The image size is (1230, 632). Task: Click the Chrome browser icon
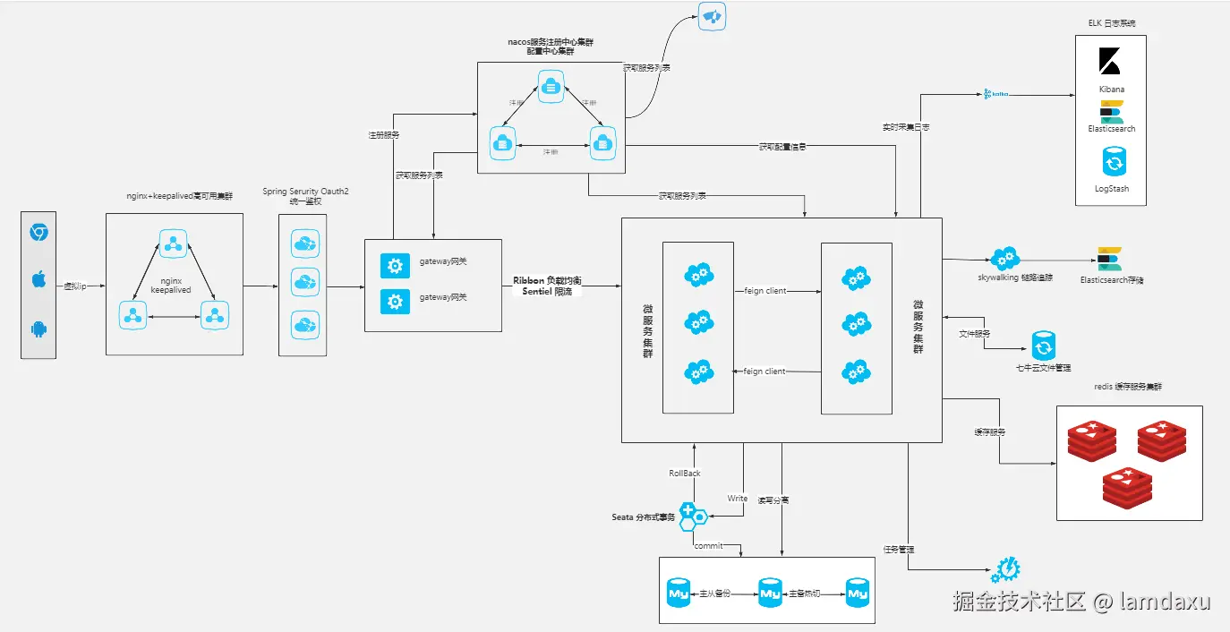pyautogui.click(x=38, y=233)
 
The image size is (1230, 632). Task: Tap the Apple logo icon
pyautogui.click(x=38, y=280)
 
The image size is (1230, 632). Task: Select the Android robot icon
pyautogui.click(x=38, y=329)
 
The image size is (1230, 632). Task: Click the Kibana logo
pyautogui.click(x=1111, y=61)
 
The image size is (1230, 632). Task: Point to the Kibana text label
pyautogui.click(x=1112, y=90)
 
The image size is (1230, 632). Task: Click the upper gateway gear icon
pyautogui.click(x=395, y=265)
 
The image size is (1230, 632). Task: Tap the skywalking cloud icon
pyautogui.click(x=1004, y=259)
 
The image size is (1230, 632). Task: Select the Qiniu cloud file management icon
pyautogui.click(x=1043, y=346)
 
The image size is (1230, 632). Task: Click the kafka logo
pyautogui.click(x=996, y=93)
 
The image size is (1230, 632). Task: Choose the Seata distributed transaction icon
pyautogui.click(x=691, y=516)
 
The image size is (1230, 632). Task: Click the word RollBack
pyautogui.click(x=685, y=474)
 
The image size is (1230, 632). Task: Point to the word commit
pyautogui.click(x=708, y=546)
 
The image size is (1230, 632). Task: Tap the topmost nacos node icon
pyautogui.click(x=550, y=86)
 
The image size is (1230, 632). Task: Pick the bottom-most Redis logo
pyautogui.click(x=1128, y=488)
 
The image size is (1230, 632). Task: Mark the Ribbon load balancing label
pyautogui.click(x=547, y=280)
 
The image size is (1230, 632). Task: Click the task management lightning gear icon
pyautogui.click(x=1006, y=569)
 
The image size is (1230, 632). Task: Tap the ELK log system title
pyautogui.click(x=1110, y=23)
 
